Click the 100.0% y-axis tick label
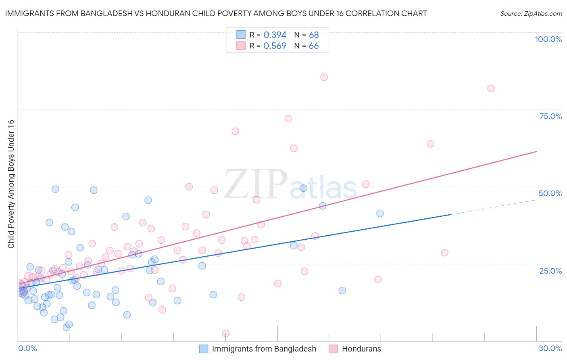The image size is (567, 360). click(x=548, y=39)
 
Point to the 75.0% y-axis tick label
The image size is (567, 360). click(x=550, y=116)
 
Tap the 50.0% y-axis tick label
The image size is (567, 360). click(x=550, y=193)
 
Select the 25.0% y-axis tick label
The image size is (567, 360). click(x=550, y=271)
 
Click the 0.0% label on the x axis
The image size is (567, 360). click(x=27, y=348)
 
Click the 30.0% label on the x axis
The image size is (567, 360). click(x=550, y=348)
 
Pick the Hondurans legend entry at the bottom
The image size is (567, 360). click(x=361, y=349)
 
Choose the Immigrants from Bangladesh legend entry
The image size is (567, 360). click(x=264, y=349)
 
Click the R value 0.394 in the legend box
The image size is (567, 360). click(x=275, y=35)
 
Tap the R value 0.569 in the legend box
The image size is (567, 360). click(x=275, y=46)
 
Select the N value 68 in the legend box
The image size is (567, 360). click(x=314, y=35)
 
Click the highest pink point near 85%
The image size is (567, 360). click(x=324, y=77)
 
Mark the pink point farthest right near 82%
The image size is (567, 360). click(x=491, y=88)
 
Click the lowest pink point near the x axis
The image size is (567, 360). click(x=226, y=333)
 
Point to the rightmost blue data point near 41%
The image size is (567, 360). click(x=380, y=213)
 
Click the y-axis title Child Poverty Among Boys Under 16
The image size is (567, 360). click(x=11, y=184)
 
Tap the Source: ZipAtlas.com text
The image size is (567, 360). click(x=531, y=14)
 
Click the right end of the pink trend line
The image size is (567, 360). click(x=536, y=152)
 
